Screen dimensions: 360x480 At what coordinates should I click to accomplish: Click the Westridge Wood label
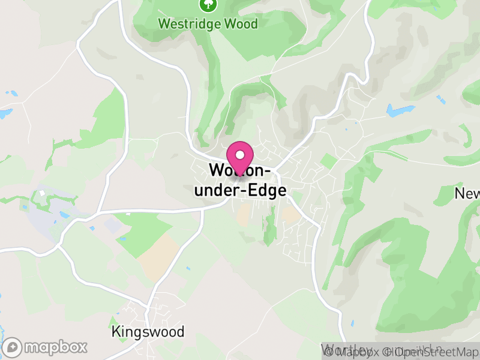208,24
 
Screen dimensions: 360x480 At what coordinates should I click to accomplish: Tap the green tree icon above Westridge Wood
208,5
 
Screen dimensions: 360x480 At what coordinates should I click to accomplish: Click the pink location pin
240,158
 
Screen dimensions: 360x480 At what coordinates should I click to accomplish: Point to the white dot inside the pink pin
240,155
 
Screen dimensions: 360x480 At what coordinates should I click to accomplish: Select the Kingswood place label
148,332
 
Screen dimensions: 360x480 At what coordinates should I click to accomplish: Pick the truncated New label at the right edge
467,193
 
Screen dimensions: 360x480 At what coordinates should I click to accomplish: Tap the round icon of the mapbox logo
13,347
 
